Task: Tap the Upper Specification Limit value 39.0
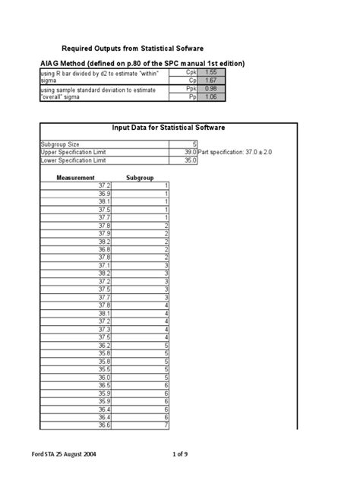pos(190,153)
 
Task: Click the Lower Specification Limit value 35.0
pos(190,160)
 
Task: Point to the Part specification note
pos(238,153)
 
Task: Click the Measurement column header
pos(76,177)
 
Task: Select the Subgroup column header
pos(141,177)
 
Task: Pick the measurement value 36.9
pos(104,193)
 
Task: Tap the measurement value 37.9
pos(104,233)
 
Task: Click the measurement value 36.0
pos(104,377)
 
